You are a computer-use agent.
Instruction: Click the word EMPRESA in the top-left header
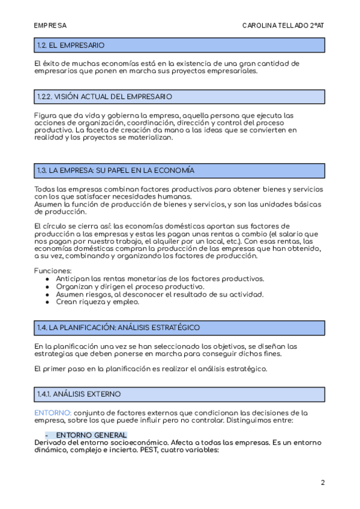coord(50,26)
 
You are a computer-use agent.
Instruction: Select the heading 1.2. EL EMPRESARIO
coord(71,45)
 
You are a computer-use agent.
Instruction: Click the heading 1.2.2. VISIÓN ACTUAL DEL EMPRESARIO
coord(104,97)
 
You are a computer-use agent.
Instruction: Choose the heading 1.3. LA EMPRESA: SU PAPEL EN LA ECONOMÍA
coord(115,170)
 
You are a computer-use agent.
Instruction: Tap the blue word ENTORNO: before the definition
coord(53,413)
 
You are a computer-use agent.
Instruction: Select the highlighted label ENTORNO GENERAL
coord(91,435)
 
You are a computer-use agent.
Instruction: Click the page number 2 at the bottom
coord(323,483)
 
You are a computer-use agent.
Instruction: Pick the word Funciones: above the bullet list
coord(53,271)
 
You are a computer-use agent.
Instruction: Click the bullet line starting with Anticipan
coord(160,279)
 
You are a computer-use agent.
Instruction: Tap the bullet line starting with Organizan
coord(130,287)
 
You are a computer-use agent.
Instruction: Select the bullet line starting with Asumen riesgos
coord(160,295)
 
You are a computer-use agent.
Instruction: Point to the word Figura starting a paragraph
coord(46,116)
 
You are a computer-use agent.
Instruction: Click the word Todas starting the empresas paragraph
coord(45,190)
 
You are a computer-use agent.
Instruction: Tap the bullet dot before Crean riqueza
coord(47,303)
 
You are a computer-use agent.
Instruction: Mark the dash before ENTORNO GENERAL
coord(47,435)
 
